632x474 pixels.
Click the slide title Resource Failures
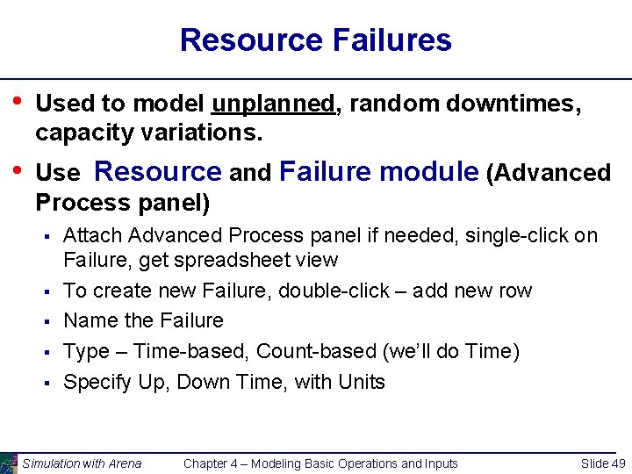click(x=315, y=39)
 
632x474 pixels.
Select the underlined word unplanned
click(x=273, y=104)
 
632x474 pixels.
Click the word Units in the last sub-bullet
click(x=359, y=382)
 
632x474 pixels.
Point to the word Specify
click(x=95, y=382)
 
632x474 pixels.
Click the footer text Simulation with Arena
click(x=82, y=463)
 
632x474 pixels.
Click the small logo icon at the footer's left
click(x=9, y=463)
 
